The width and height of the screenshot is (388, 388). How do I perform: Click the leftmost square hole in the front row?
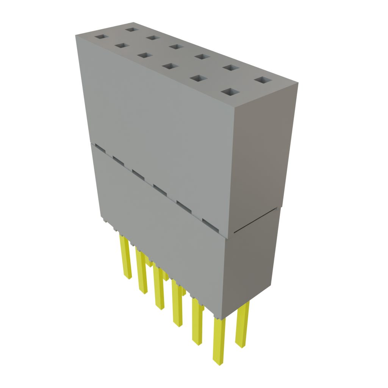(x=101, y=37)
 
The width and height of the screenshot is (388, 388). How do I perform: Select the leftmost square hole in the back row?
(x=132, y=29)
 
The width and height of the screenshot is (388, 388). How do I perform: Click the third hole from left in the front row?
(x=144, y=55)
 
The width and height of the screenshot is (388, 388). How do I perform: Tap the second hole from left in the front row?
(x=122, y=45)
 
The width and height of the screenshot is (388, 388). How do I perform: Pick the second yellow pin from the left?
(x=142, y=273)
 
